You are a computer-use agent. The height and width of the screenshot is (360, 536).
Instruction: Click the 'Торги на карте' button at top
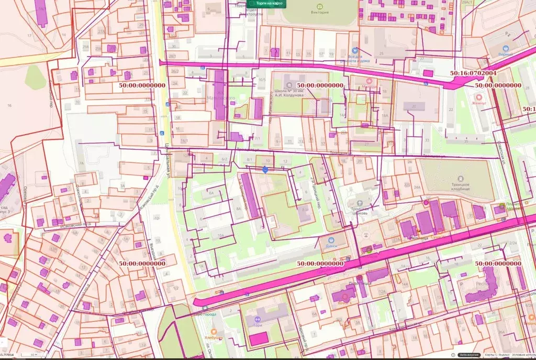pos(266,4)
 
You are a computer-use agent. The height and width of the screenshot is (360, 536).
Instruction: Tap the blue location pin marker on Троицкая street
pos(265,169)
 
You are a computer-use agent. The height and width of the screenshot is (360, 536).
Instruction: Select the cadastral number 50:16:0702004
pos(473,73)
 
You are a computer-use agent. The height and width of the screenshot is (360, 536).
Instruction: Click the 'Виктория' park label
pos(320,12)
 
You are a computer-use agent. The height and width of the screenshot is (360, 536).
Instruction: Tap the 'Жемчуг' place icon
pos(478,97)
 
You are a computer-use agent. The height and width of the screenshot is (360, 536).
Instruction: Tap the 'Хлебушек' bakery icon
pos(214,331)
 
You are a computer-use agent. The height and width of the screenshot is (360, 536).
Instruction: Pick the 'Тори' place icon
pos(257,319)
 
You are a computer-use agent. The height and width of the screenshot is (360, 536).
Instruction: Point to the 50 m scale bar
pos(35,355)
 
